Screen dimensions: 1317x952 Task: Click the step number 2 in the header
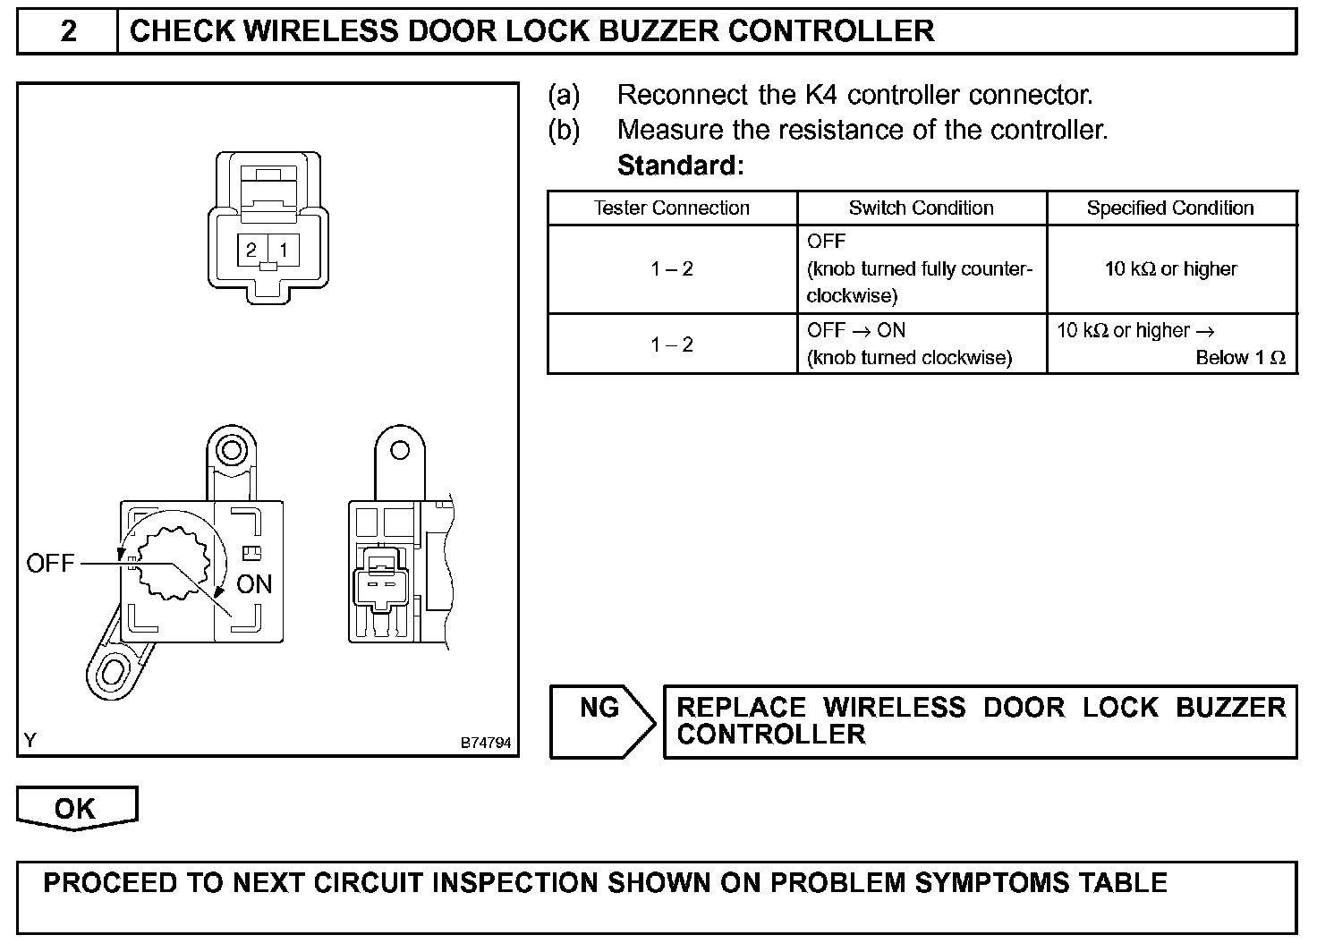tap(68, 32)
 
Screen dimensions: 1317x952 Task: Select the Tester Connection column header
tap(671, 208)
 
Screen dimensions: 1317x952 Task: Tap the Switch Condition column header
tap(921, 208)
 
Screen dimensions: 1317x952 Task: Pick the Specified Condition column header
tap(1169, 208)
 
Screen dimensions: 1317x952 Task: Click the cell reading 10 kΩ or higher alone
tap(1170, 268)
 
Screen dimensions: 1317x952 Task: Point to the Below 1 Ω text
tap(1240, 358)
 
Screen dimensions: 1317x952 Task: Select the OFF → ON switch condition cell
tap(908, 344)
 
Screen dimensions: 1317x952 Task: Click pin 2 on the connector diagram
tap(252, 250)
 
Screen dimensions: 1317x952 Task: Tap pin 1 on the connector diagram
tap(284, 250)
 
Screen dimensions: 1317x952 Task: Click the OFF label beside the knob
tap(50, 564)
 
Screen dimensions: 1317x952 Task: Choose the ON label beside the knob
tap(254, 584)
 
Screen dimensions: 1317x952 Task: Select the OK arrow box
tap(75, 808)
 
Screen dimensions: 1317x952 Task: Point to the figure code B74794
tap(486, 743)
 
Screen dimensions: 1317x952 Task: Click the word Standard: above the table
tap(680, 166)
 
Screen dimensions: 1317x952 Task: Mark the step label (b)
tap(564, 130)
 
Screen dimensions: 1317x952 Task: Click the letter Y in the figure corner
tap(30, 740)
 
